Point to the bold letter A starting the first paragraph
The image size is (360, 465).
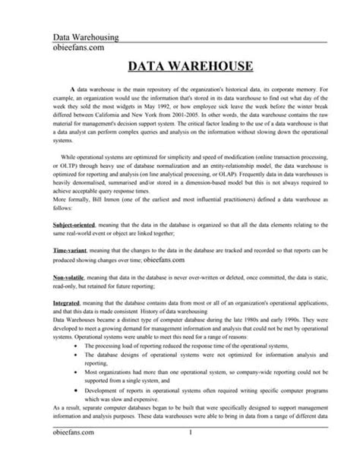click(x=71, y=90)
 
